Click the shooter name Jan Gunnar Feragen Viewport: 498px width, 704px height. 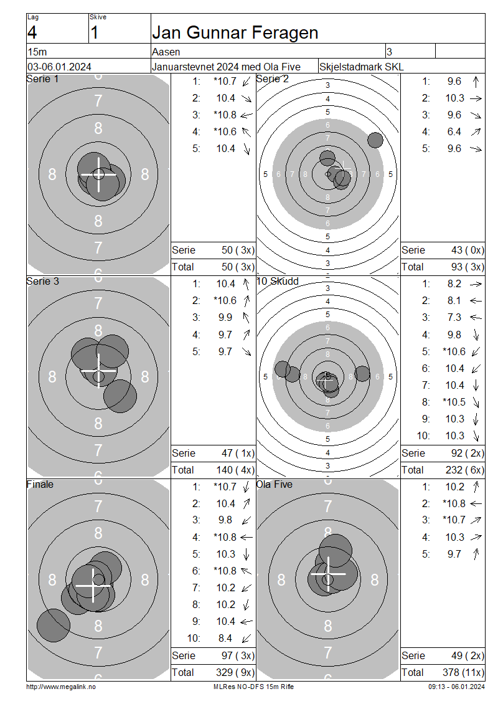tap(235, 33)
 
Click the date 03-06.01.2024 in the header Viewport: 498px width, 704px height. tap(59, 67)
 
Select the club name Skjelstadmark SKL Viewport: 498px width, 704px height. tap(361, 67)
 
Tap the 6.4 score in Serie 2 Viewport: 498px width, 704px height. tap(454, 131)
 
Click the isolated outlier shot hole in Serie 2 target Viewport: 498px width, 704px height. tap(375, 140)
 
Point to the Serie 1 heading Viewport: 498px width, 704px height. tap(42, 79)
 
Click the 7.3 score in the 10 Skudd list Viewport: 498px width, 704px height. tap(454, 318)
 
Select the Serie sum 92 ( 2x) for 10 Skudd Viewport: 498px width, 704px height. tap(467, 453)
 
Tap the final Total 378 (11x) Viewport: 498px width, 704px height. tap(464, 672)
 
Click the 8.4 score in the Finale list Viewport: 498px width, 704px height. tap(225, 638)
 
